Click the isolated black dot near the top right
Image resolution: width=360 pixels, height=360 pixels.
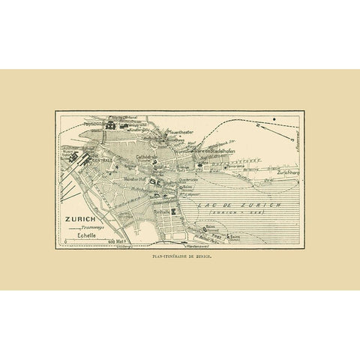tap(276, 120)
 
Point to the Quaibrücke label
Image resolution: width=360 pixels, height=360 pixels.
tap(167, 179)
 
